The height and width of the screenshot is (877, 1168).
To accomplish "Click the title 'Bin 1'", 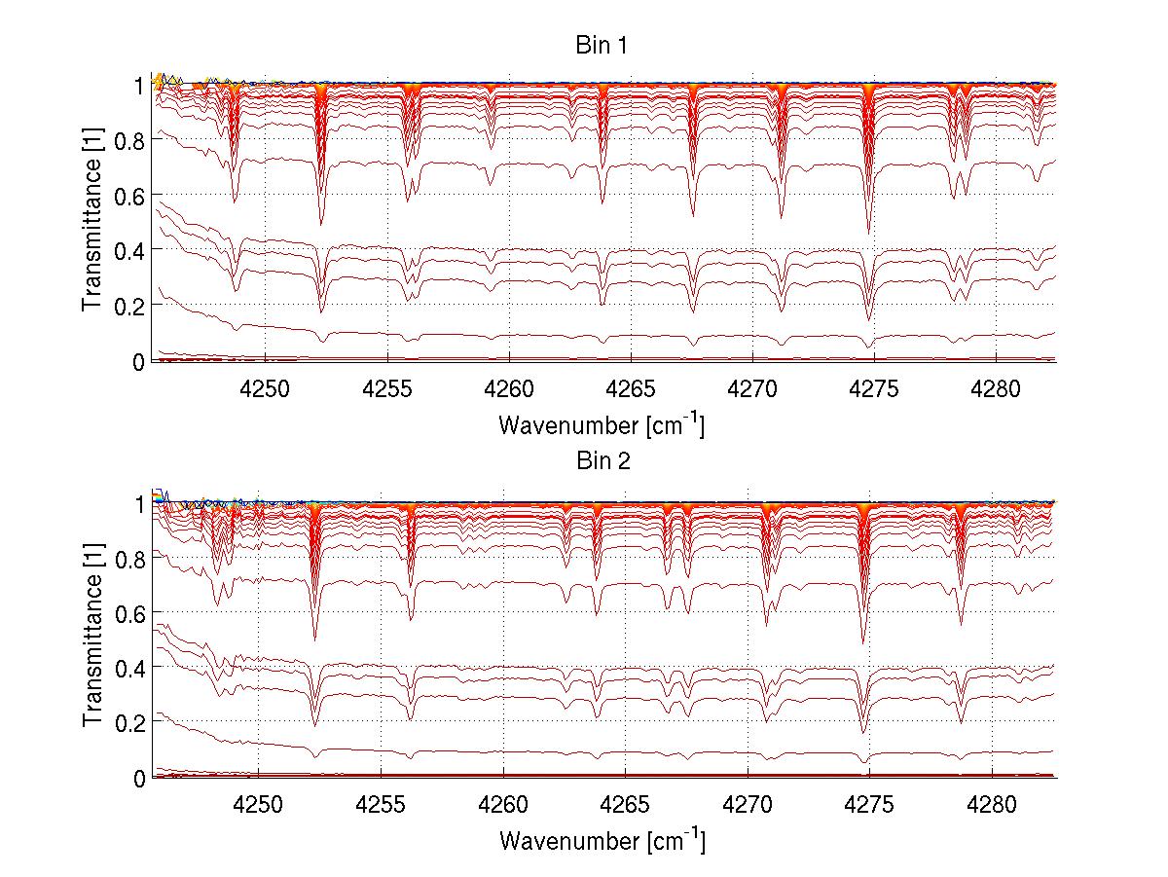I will click(x=602, y=46).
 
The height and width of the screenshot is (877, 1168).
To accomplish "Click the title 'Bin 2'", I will click(x=602, y=461).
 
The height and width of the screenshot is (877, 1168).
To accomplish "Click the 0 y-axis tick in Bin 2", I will click(x=138, y=778).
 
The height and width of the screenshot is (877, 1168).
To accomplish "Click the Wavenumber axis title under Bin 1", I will click(x=602, y=424).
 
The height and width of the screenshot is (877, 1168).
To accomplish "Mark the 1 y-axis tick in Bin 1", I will click(x=138, y=86).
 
